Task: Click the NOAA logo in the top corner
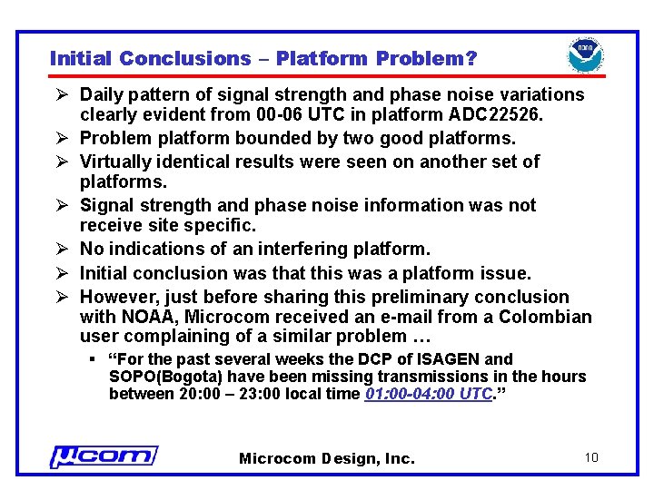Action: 586,55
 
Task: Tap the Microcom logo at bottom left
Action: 103,456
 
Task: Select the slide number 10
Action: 591,457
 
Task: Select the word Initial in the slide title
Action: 81,59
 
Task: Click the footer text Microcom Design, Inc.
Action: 326,459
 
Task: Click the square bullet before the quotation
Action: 94,360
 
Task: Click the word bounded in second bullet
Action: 265,139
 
